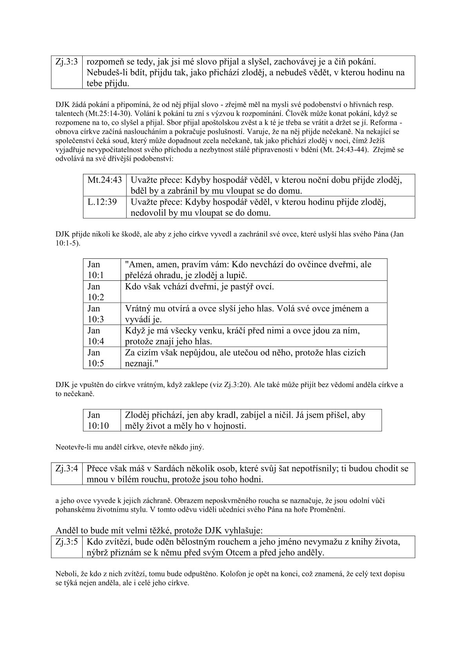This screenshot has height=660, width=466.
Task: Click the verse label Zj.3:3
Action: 67,62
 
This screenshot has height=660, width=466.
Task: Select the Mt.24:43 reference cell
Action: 105,180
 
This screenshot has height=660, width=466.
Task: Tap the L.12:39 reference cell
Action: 102,202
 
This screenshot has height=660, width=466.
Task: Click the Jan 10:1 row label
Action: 96,269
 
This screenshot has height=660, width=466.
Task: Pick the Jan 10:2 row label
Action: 96,291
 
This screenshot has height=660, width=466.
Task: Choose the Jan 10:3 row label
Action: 96,313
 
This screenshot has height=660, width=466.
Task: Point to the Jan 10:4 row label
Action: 96,335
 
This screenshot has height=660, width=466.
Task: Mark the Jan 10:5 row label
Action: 96,357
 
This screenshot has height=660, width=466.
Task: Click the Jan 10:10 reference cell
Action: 98,420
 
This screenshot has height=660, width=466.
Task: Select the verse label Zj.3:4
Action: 67,468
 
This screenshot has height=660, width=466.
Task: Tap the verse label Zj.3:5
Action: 67,542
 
